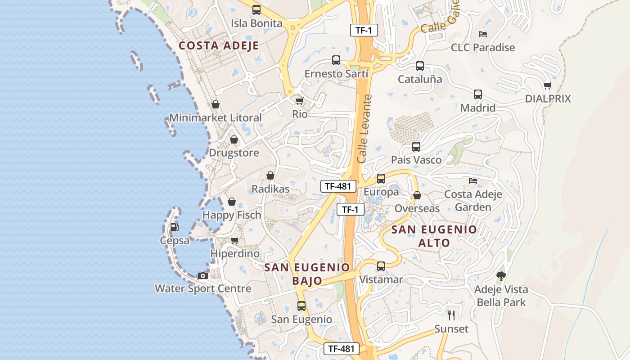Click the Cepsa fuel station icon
point(174,227)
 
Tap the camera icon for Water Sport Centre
point(203,275)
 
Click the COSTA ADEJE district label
point(219,45)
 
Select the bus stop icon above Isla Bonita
point(256,10)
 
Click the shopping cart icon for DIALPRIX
point(547,85)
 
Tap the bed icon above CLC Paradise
point(483,34)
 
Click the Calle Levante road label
point(365,129)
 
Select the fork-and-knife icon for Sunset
point(451,315)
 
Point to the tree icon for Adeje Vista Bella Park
point(501,276)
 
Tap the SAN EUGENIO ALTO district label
point(434,236)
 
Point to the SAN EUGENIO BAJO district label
point(307,274)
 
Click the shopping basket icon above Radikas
point(270,175)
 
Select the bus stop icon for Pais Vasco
point(416,147)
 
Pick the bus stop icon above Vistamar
point(381,266)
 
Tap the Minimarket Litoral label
point(215,118)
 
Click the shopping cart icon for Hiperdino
point(234,241)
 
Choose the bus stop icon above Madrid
point(478,94)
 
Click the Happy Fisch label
point(232,215)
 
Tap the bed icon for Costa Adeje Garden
point(473,181)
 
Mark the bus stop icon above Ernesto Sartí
point(336,60)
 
